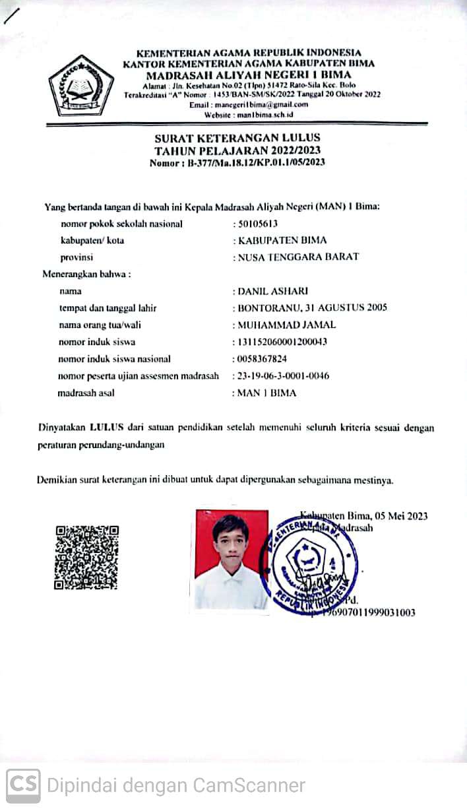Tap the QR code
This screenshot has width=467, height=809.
point(86,557)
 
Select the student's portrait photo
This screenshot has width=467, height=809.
point(231,559)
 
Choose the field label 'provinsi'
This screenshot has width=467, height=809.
point(75,257)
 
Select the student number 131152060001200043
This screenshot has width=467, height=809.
point(283,342)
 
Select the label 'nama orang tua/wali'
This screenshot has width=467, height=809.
point(100,325)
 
